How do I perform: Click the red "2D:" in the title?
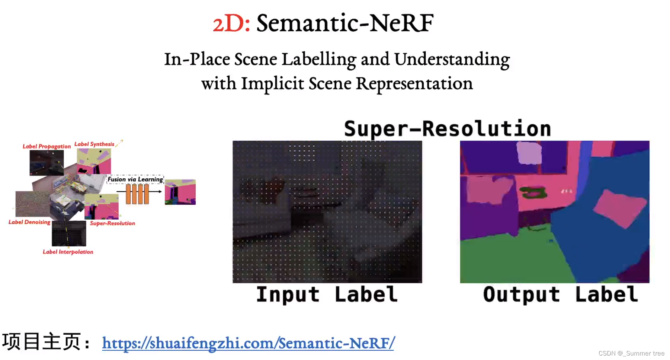(x=231, y=23)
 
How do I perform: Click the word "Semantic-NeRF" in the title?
(x=345, y=23)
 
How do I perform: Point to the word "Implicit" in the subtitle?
(x=273, y=84)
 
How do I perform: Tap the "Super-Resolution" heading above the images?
(x=447, y=129)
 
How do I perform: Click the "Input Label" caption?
(x=327, y=294)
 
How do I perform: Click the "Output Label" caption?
(x=560, y=294)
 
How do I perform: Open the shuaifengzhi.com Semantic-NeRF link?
(x=248, y=343)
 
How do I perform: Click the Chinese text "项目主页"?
(x=41, y=341)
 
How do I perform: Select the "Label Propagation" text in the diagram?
(x=47, y=146)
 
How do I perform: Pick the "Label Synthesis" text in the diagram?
(x=94, y=144)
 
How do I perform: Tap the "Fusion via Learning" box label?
(x=135, y=179)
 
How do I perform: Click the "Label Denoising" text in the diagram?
(x=29, y=222)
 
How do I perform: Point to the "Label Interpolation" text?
(x=68, y=252)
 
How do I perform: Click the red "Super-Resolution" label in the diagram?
(x=112, y=223)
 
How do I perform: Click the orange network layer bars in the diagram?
(x=137, y=194)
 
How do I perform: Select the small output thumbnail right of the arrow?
(x=180, y=192)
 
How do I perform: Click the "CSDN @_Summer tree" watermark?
(x=631, y=353)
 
